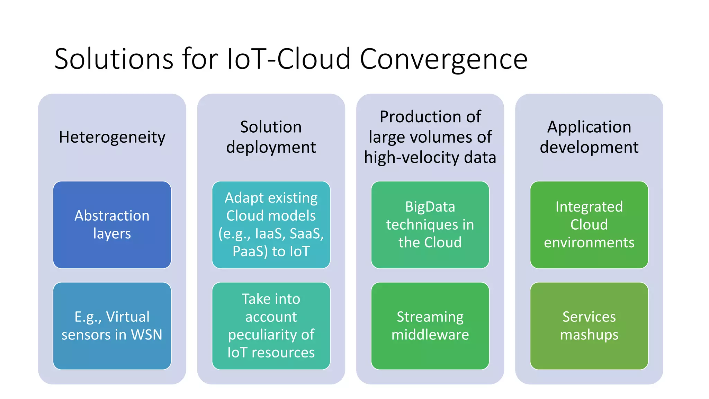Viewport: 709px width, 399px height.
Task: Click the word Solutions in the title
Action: coord(114,59)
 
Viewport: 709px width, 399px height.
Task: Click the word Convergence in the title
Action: coord(443,59)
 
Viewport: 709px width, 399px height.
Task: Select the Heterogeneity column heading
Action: coord(112,137)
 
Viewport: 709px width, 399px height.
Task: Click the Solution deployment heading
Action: coord(271,137)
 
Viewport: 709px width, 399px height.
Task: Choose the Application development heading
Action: coord(589,137)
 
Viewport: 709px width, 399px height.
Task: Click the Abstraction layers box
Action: coord(112,224)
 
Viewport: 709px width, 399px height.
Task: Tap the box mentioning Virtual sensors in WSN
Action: coord(112,326)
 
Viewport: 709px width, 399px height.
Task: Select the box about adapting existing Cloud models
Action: coord(271,224)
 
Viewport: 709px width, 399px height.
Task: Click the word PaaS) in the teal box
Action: coord(250,251)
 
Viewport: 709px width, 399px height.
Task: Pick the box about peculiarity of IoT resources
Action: coord(271,326)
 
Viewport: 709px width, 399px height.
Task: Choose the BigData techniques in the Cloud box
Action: coord(430,224)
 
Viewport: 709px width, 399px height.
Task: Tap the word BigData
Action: coord(430,207)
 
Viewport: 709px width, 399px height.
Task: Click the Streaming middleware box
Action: coord(430,326)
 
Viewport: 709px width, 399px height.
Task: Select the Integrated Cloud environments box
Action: coord(589,224)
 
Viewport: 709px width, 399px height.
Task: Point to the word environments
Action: coord(589,242)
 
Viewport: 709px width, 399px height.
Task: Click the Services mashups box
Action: coord(589,326)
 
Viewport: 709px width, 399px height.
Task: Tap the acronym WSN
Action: coord(146,335)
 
